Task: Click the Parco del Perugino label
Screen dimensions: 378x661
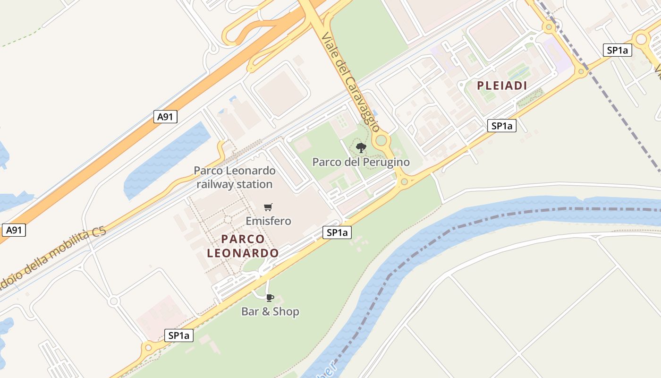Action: pos(361,162)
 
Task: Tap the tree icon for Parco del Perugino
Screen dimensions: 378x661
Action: pos(361,148)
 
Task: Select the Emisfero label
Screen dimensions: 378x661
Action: pos(268,221)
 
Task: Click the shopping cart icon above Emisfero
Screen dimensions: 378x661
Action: pos(268,207)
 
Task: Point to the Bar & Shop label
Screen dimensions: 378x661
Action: pos(270,311)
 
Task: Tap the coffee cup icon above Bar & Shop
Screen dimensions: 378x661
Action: pos(270,298)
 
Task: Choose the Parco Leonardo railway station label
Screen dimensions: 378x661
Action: pos(235,177)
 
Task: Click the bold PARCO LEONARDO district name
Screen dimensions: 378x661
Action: pos(243,246)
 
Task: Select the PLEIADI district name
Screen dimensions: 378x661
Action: pos(501,86)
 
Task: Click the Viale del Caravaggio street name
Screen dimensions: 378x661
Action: pos(350,82)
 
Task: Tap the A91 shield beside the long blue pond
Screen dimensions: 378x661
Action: pos(165,117)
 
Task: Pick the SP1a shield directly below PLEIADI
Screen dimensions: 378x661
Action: pos(501,126)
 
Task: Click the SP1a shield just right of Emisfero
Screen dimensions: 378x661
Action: pos(337,232)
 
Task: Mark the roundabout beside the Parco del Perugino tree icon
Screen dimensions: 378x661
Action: pos(381,140)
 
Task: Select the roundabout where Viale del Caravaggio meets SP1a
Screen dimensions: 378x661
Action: pos(404,181)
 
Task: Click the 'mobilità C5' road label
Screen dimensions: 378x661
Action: pos(52,255)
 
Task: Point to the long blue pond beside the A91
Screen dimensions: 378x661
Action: pos(168,158)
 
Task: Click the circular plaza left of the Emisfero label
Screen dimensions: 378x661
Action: pos(227,219)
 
